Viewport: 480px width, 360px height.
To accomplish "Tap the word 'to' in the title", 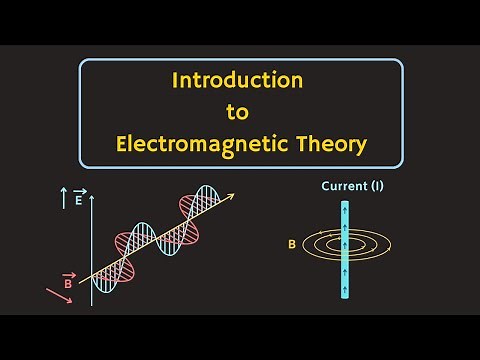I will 241,111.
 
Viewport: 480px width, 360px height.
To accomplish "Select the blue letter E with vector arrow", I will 79,200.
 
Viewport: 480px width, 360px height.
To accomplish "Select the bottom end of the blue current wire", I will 346,299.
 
